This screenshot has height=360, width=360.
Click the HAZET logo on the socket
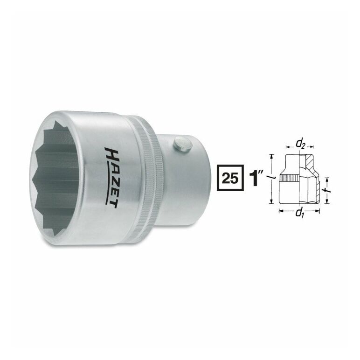tap(111, 178)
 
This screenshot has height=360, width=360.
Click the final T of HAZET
tap(111, 203)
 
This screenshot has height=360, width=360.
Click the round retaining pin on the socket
tap(183, 144)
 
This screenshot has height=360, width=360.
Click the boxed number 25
tap(230, 178)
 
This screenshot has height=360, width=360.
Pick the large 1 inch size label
tap(256, 178)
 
